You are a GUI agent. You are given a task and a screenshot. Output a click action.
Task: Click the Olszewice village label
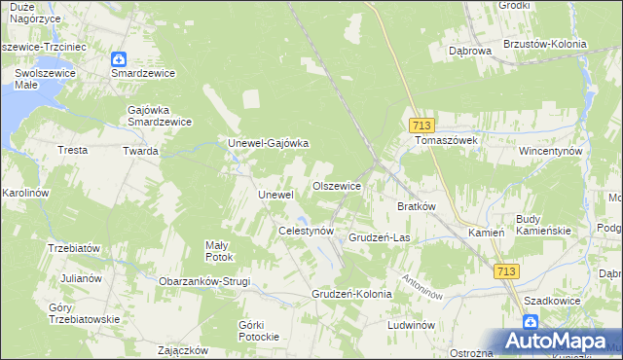pyautogui.click(x=337, y=186)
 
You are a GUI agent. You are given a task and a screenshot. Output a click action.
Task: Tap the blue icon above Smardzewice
pyautogui.click(x=119, y=58)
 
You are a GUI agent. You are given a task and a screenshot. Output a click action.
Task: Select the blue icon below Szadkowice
pyautogui.click(x=530, y=320)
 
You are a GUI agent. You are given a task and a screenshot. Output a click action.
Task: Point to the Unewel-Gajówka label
pyautogui.click(x=268, y=143)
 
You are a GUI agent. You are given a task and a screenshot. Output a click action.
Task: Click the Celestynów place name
pyautogui.click(x=307, y=232)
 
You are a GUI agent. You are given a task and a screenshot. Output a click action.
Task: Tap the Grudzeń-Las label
pyautogui.click(x=379, y=237)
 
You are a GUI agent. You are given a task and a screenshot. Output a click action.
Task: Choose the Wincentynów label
pyautogui.click(x=550, y=152)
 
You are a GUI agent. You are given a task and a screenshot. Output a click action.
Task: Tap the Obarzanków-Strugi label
pyautogui.click(x=204, y=281)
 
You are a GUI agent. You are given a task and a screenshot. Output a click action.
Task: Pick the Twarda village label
pyautogui.click(x=140, y=151)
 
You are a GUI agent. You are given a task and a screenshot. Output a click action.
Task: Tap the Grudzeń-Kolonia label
pyautogui.click(x=351, y=293)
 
